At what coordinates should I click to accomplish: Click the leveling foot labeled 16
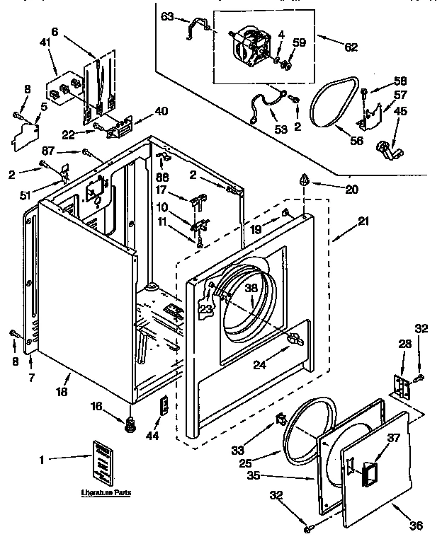130,424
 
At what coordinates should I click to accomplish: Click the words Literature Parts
106,492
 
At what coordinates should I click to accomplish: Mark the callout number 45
401,110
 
